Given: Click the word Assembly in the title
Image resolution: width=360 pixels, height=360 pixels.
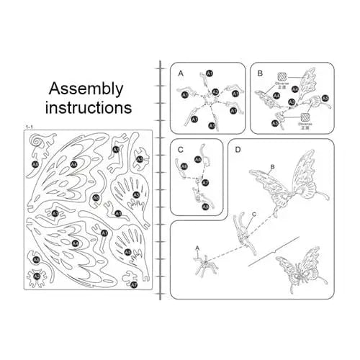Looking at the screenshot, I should pyautogui.click(x=86, y=89).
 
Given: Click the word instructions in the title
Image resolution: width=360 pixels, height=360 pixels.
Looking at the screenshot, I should pyautogui.click(x=89, y=108).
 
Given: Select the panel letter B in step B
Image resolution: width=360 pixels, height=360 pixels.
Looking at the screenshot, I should pyautogui.click(x=259, y=72).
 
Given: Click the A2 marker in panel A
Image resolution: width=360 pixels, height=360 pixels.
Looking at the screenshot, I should pyautogui.click(x=214, y=93).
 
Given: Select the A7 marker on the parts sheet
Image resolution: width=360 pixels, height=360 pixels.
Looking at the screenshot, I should pyautogui.click(x=134, y=285).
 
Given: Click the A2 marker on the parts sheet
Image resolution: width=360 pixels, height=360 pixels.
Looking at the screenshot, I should pyautogui.click(x=37, y=276).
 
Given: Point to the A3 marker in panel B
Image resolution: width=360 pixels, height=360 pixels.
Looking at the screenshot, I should pyautogui.click(x=325, y=98).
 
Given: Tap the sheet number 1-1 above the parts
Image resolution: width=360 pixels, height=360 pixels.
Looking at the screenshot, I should pyautogui.click(x=30, y=127).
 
